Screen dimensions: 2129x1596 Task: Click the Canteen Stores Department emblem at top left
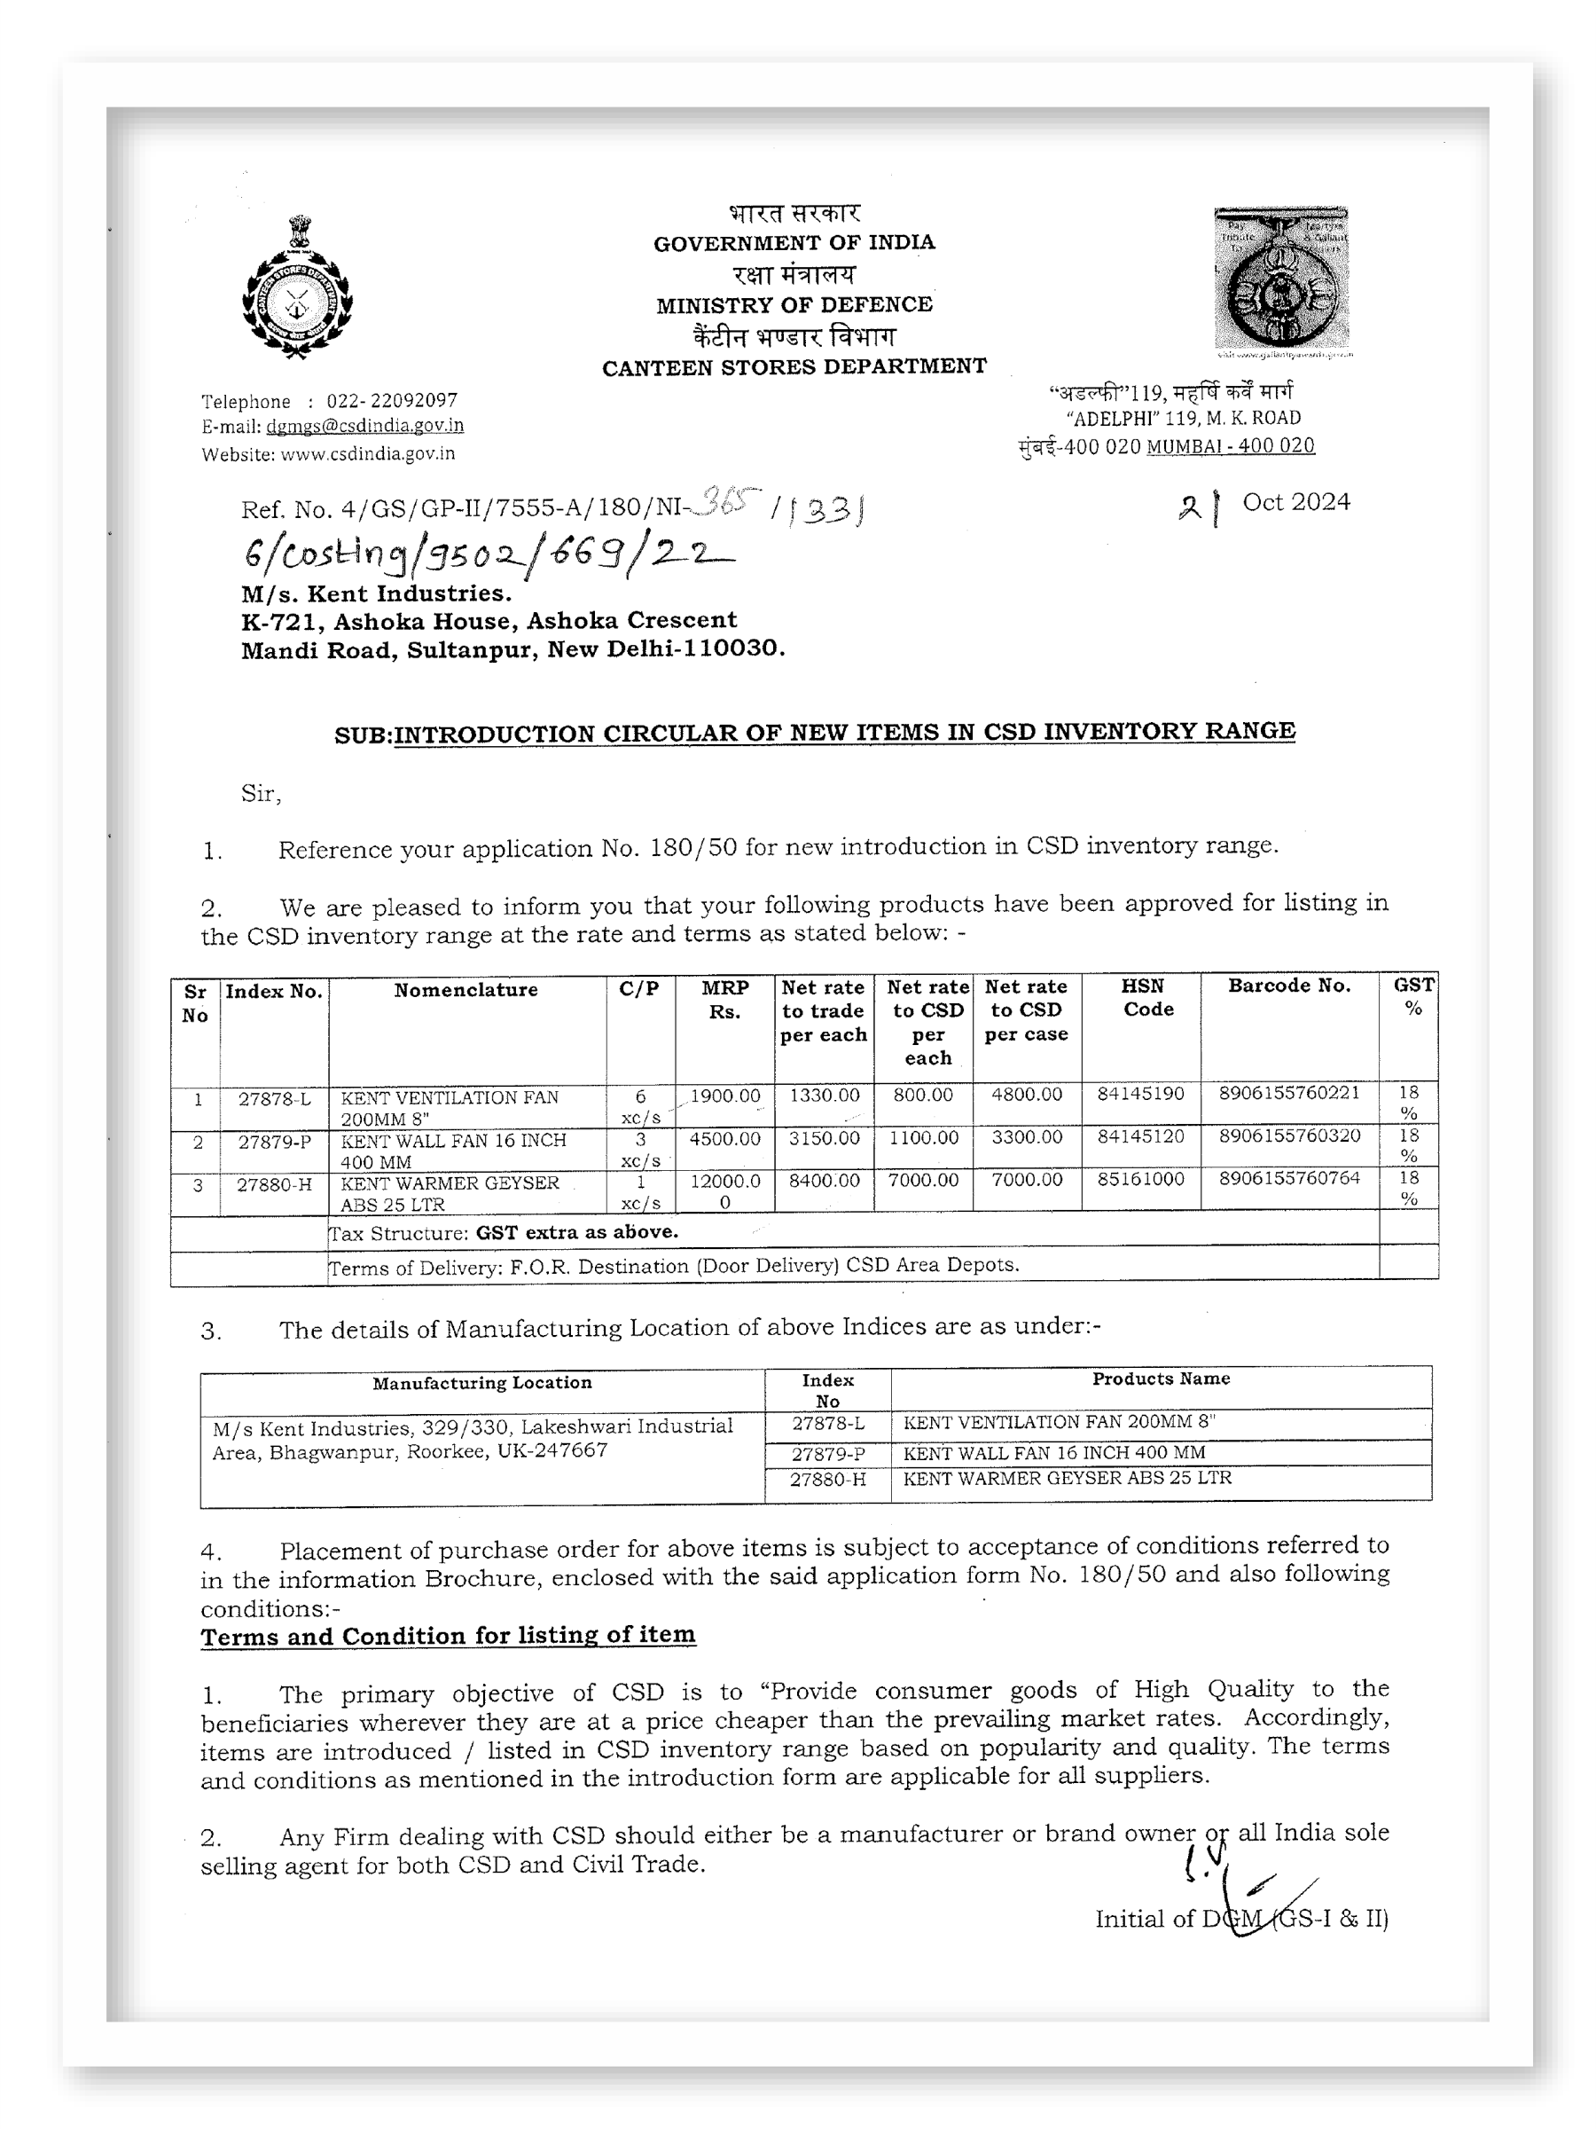click(x=297, y=288)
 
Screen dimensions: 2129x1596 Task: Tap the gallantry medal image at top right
click(x=1280, y=279)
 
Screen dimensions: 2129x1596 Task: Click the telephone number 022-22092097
click(x=392, y=400)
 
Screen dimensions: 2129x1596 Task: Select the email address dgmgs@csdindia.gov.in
click(x=364, y=426)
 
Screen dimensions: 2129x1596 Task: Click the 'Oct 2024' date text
click(x=1295, y=502)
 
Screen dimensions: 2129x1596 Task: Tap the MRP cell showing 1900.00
click(x=724, y=1096)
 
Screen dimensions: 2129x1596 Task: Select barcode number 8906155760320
click(x=1289, y=1135)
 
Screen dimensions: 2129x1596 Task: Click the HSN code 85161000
click(x=1141, y=1179)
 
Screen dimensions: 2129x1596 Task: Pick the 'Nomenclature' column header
click(x=465, y=990)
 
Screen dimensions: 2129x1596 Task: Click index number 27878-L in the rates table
click(x=274, y=1098)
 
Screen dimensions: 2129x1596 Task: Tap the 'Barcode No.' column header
click(x=1289, y=986)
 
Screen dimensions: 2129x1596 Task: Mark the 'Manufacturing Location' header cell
click(x=482, y=1383)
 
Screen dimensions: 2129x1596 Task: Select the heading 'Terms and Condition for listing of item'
click(x=449, y=1636)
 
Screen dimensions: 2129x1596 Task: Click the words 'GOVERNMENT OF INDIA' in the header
click(x=794, y=242)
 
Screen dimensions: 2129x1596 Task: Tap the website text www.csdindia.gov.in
click(x=367, y=453)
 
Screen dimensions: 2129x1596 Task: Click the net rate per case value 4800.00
click(x=1027, y=1096)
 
